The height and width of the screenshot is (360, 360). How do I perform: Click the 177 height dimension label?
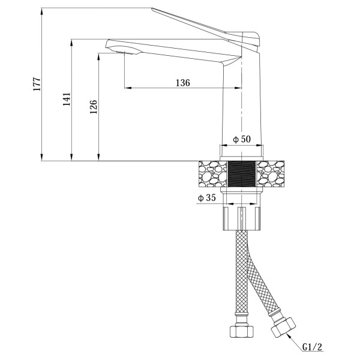click(37, 84)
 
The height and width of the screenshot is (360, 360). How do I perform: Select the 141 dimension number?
click(67, 99)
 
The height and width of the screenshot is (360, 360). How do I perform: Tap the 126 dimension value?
click(94, 107)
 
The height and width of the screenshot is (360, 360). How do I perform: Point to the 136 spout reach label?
click(183, 83)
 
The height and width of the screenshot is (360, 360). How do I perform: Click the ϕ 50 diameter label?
click(242, 139)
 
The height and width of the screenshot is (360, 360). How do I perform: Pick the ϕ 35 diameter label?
click(207, 197)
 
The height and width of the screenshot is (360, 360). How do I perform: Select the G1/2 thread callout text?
click(312, 347)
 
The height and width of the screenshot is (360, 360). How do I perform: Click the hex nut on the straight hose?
click(242, 331)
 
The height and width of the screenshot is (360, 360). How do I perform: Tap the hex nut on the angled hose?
click(283, 327)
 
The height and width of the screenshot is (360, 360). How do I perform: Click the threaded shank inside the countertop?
click(241, 174)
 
